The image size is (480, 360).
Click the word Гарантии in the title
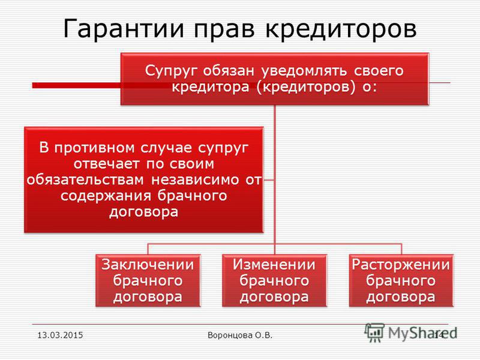(x=124, y=29)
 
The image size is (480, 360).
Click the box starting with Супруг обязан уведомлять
(x=275, y=79)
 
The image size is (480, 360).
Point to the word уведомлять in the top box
(x=304, y=71)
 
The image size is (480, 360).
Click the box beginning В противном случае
(x=143, y=180)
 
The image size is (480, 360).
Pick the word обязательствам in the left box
(x=85, y=180)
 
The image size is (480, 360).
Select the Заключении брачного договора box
(x=148, y=280)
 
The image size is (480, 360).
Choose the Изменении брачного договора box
(x=274, y=280)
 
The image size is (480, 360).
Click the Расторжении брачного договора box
(x=401, y=280)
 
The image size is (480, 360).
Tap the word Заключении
(x=148, y=265)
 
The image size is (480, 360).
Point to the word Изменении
(x=274, y=265)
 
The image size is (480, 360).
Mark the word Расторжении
(x=401, y=265)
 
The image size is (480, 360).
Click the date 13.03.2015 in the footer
(x=60, y=335)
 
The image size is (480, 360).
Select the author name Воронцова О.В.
(x=240, y=335)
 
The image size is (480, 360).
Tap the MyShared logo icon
(x=374, y=332)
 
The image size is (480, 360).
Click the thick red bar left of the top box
(x=77, y=85)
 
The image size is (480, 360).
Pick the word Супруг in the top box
(x=172, y=71)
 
